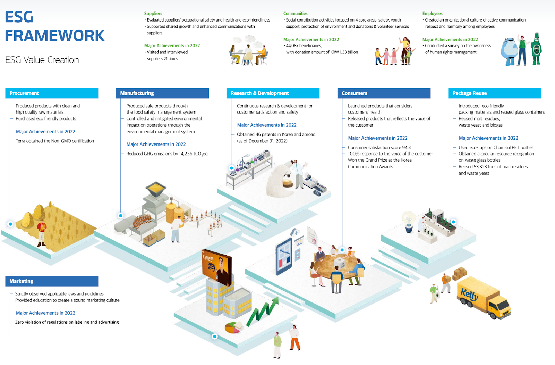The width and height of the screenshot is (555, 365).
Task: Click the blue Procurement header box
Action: coord(52,93)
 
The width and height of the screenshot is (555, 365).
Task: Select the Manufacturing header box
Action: coord(162,93)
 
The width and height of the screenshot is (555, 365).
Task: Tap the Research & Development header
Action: coord(273,93)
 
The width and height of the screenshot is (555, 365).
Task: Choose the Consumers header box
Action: coord(384,93)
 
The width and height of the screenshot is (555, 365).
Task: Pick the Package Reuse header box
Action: coord(494,93)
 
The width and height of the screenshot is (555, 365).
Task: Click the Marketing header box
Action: coord(52,281)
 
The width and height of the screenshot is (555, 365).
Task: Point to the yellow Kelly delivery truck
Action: coord(484,297)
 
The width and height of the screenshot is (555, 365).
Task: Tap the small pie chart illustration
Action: coord(233,327)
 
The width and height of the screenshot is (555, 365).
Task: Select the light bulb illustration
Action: coord(409,221)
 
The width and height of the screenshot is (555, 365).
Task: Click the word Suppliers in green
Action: coord(153,13)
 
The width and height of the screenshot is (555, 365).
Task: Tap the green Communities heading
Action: coord(295,13)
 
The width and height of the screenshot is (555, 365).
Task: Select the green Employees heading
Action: coord(432,13)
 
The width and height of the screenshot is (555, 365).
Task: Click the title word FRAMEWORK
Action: coord(55,35)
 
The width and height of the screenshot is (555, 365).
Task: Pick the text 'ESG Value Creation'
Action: coord(42,60)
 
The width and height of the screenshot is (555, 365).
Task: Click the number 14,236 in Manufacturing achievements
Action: coord(186,154)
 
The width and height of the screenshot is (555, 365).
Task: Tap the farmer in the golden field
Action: coord(42,233)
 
